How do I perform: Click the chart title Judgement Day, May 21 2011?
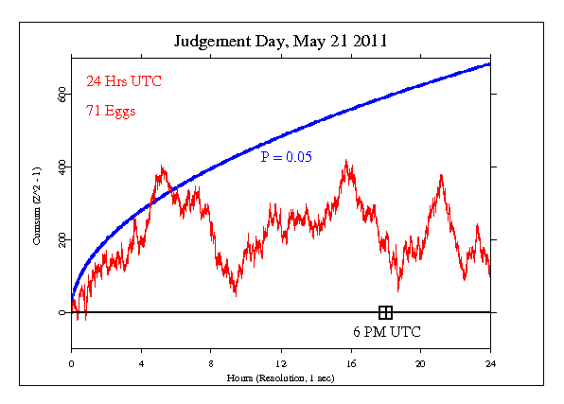pyautogui.click(x=281, y=42)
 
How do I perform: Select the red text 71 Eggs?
pyautogui.click(x=104, y=111)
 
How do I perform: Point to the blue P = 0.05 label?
pyautogui.click(x=287, y=157)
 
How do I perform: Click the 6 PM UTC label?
pyautogui.click(x=387, y=332)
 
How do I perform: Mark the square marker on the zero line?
pyautogui.click(x=385, y=312)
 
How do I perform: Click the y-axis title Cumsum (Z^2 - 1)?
pyautogui.click(x=37, y=202)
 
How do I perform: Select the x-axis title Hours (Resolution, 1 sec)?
pyautogui.click(x=281, y=378)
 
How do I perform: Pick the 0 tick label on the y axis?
pyautogui.click(x=62, y=312)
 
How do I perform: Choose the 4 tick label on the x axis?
pyautogui.click(x=141, y=363)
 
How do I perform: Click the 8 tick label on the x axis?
pyautogui.click(x=211, y=363)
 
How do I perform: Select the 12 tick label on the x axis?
pyautogui.click(x=281, y=363)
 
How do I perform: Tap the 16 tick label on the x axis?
pyautogui.click(x=351, y=363)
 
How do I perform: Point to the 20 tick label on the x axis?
pyautogui.click(x=421, y=363)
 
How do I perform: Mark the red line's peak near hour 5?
pyautogui.click(x=163, y=167)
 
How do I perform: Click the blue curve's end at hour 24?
pyautogui.click(x=490, y=63)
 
